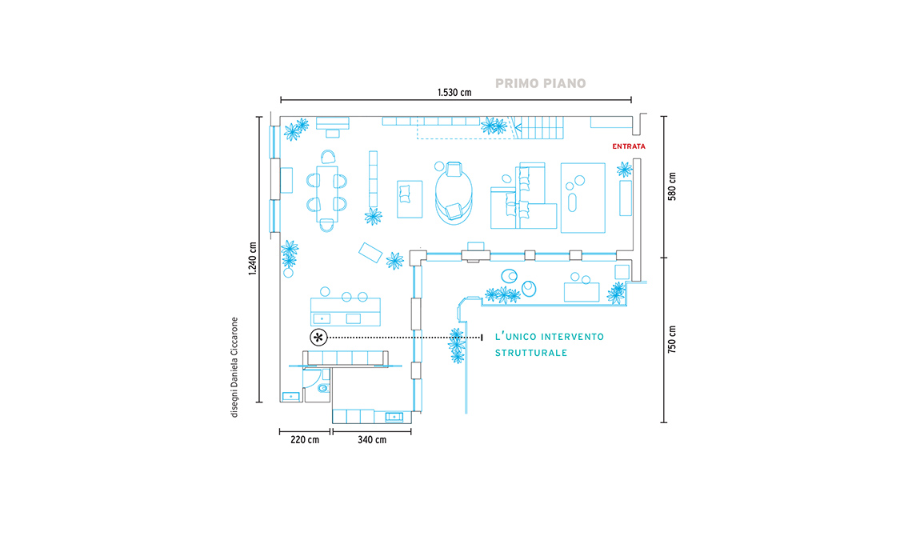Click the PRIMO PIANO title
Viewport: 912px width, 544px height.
pos(540,84)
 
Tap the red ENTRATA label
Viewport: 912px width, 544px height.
pos(629,146)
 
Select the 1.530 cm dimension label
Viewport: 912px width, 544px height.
pos(454,93)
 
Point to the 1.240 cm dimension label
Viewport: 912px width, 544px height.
pos(253,258)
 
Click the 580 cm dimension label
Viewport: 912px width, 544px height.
pos(672,186)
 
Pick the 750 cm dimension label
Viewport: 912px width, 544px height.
pos(672,339)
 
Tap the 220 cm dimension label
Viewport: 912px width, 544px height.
pos(305,440)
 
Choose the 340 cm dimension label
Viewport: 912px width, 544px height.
pos(372,440)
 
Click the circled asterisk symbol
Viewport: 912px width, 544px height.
pos(318,338)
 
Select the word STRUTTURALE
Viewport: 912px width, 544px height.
pos(531,353)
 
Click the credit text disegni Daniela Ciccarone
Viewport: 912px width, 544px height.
pos(234,367)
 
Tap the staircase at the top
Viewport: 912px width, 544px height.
pos(538,127)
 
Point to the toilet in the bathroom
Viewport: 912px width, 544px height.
pos(323,388)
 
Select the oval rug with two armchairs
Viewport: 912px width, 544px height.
pos(454,193)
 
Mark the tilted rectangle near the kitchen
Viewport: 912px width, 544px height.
pos(370,253)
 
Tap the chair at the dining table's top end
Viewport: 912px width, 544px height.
pos(328,157)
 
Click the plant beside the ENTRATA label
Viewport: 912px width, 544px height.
pos(624,170)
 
